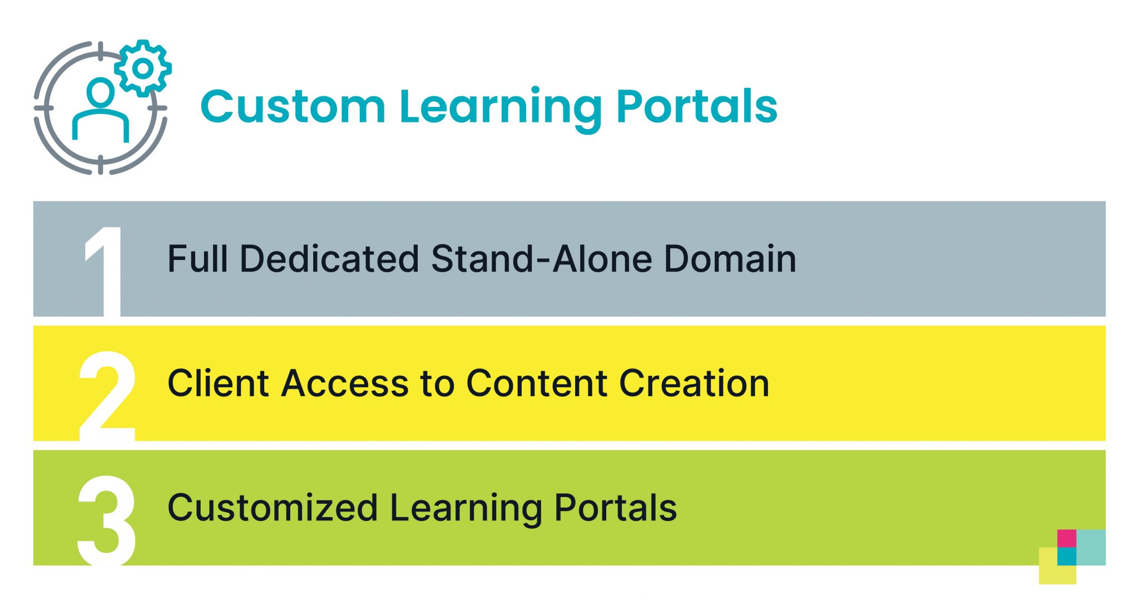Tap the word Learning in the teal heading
pyautogui.click(x=501, y=110)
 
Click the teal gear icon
pyautogui.click(x=143, y=68)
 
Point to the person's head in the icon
pyautogui.click(x=101, y=92)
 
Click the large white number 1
pyautogui.click(x=103, y=271)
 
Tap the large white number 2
pyautogui.click(x=107, y=396)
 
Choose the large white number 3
pyautogui.click(x=107, y=520)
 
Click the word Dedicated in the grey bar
pyautogui.click(x=329, y=259)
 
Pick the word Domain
pyautogui.click(x=730, y=259)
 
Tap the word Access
pyautogui.click(x=345, y=383)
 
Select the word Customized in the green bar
pyautogui.click(x=273, y=508)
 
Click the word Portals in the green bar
pyautogui.click(x=616, y=508)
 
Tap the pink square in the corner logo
pyautogui.click(x=1067, y=538)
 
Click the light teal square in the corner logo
pyautogui.click(x=1091, y=547)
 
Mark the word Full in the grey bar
pyautogui.click(x=198, y=259)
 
